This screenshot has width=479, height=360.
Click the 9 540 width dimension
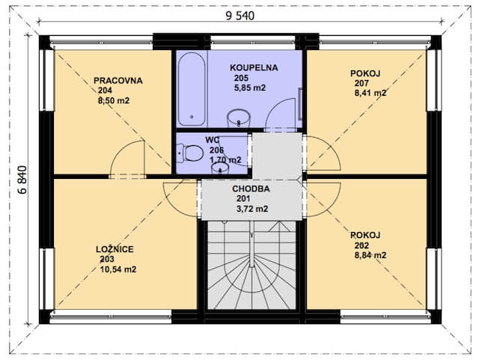coord(239,16)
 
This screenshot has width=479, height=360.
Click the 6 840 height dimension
coord(22,180)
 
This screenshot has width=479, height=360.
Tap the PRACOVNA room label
coord(118,81)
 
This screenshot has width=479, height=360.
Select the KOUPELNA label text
coord(254,67)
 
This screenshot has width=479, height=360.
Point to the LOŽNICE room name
coord(115,249)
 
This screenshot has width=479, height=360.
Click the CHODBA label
coord(251,189)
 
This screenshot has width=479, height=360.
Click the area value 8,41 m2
coord(370,93)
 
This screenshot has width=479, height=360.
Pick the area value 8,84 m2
coord(370,255)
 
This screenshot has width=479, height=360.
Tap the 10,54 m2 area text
coord(118,269)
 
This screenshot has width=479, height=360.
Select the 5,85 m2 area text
coord(250,88)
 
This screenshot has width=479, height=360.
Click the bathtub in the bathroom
coord(192,89)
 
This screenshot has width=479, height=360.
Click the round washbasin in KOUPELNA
coord(239,118)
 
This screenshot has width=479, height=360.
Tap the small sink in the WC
coord(220,168)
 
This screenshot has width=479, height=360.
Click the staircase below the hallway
coord(251,265)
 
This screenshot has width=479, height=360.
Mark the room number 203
coord(107,259)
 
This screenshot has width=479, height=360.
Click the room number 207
coord(361,83)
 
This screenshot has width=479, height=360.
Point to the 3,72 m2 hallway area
coord(252,209)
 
